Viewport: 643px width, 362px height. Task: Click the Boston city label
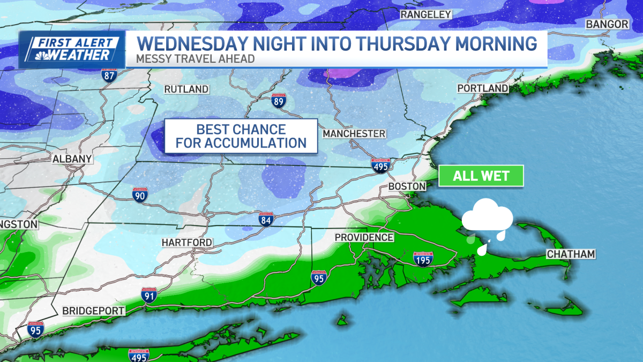(x=407, y=186)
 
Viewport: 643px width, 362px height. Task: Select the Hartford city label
(x=187, y=243)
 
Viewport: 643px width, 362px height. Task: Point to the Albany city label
(x=72, y=159)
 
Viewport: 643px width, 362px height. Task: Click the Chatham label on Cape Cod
(x=571, y=254)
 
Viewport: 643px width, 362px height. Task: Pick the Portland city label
(x=482, y=88)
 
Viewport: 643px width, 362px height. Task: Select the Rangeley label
(x=426, y=14)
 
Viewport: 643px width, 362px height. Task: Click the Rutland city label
(x=186, y=88)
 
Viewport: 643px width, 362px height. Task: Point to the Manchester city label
(x=354, y=134)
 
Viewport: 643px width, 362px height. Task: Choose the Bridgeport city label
(x=93, y=311)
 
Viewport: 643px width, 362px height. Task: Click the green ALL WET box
(x=481, y=175)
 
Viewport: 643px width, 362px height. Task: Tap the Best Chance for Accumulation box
(x=241, y=136)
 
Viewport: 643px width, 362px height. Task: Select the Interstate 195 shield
(x=423, y=259)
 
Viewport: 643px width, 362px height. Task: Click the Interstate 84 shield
(x=266, y=219)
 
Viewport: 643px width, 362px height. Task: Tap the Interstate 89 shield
(x=278, y=100)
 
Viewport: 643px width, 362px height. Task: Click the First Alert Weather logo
(x=72, y=49)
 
